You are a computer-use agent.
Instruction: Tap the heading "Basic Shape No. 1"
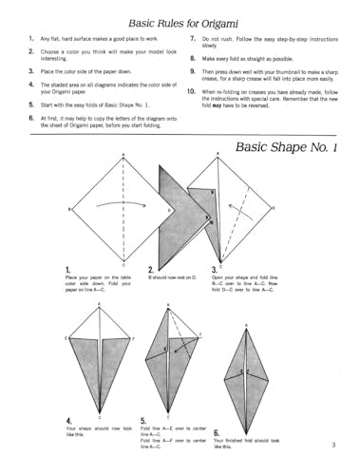click(286, 145)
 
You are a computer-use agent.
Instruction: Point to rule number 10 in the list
click(191, 91)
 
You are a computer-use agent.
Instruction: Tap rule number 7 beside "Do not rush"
click(192, 38)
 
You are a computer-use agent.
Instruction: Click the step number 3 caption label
click(214, 270)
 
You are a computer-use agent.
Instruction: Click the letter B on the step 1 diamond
click(69, 208)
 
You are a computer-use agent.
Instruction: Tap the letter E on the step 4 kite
click(66, 336)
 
